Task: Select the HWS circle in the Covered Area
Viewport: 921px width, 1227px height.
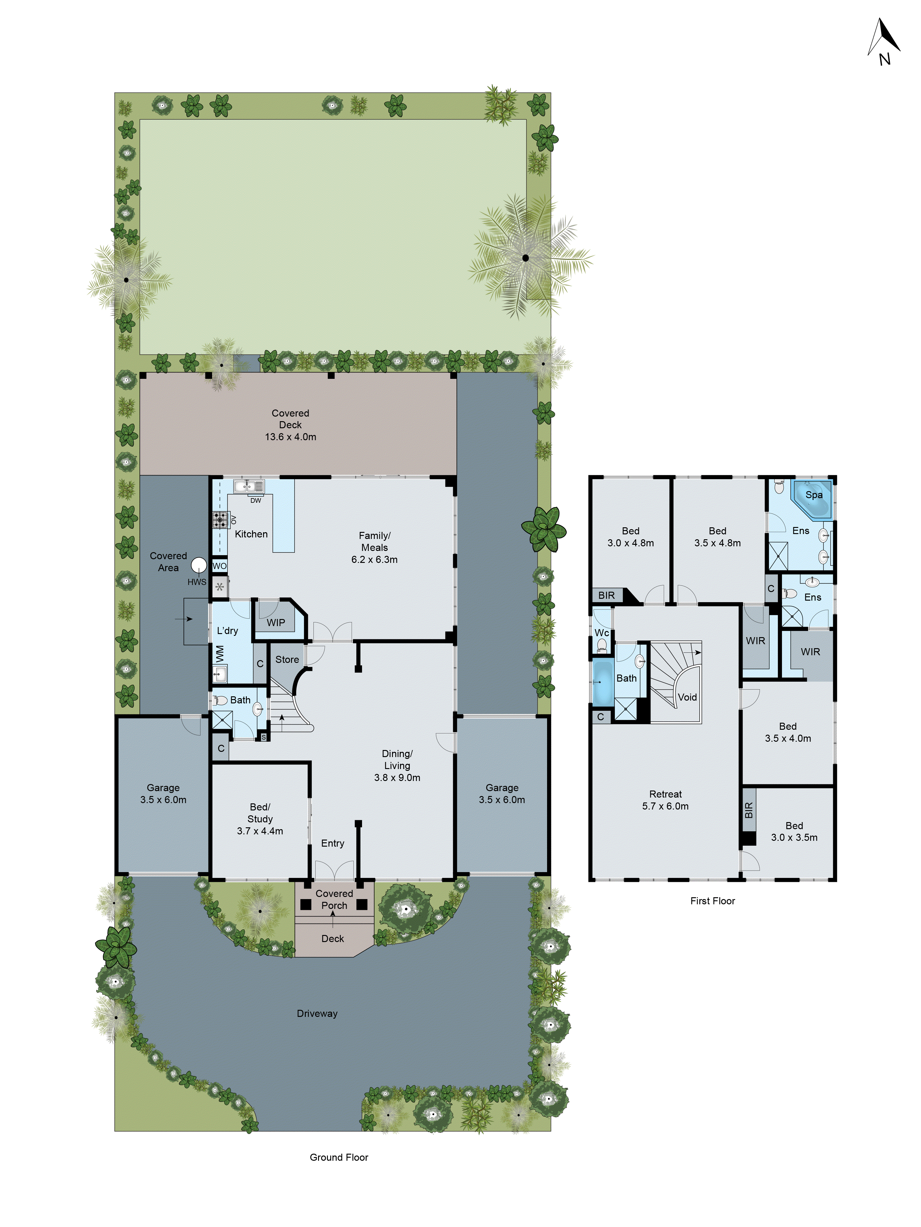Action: pos(199,565)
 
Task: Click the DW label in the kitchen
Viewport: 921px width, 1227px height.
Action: pos(255,500)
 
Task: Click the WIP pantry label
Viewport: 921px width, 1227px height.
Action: pos(276,622)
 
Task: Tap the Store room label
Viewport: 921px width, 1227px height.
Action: pos(287,660)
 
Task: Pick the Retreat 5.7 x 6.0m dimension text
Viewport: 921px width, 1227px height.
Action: pos(665,806)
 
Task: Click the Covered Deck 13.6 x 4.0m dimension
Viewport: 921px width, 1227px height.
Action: pos(290,437)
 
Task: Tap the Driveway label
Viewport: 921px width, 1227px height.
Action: pos(317,1014)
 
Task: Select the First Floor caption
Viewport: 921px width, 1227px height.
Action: pos(712,901)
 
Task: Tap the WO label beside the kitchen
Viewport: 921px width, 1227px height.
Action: pos(219,566)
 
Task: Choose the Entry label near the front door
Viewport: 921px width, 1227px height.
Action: pos(332,843)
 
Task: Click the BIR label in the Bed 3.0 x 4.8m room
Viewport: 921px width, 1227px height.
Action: pos(606,595)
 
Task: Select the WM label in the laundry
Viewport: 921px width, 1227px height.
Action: pos(220,653)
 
